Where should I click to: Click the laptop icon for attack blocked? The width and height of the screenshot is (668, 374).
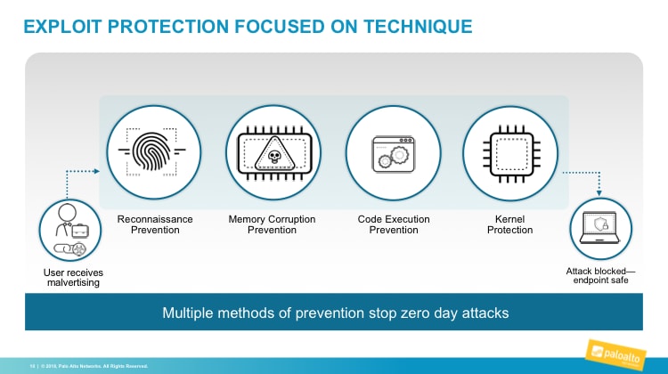tap(599, 230)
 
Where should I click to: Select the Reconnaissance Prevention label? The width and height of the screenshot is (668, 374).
tap(155, 224)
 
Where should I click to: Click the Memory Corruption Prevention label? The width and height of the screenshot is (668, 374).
tap(273, 224)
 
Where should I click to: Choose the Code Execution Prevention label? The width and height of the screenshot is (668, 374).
tap(393, 224)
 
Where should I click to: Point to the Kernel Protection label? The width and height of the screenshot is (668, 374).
tap(511, 224)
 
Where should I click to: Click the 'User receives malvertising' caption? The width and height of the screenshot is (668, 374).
tap(71, 277)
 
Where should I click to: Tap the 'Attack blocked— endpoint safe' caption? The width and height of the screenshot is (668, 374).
tap(599, 275)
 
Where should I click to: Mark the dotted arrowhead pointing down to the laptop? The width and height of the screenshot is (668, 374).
tap(599, 192)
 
